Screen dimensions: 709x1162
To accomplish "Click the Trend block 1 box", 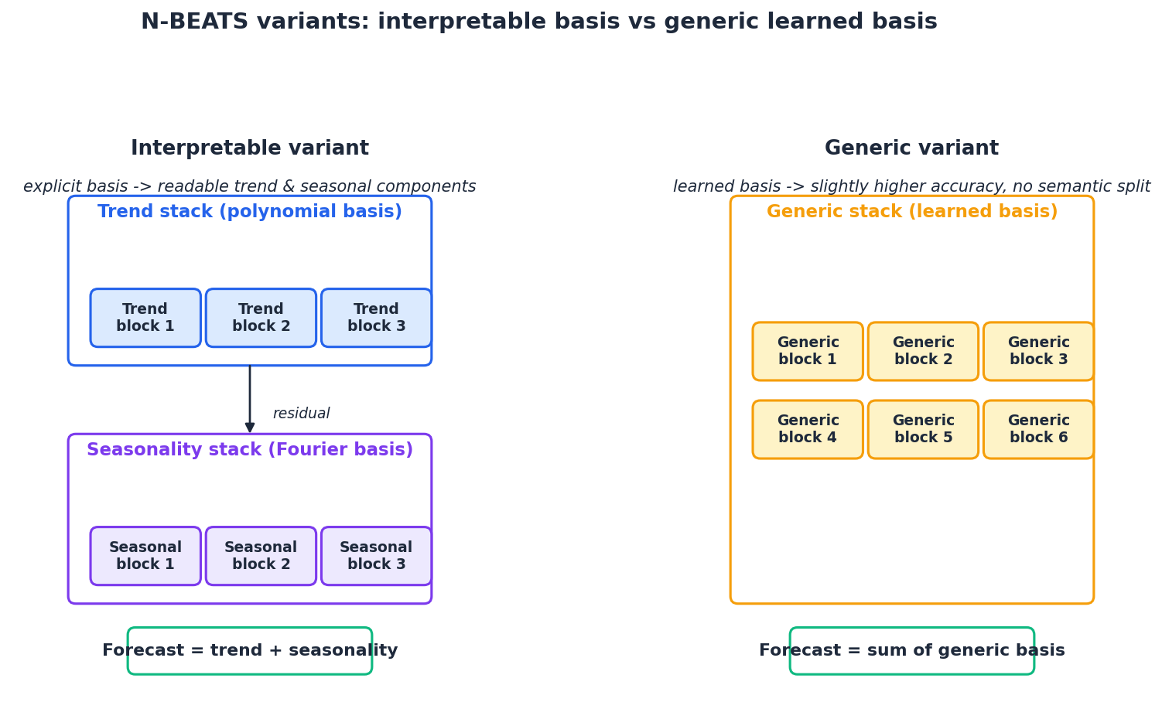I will click(145, 318).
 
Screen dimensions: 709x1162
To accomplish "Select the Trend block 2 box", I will click(261, 318).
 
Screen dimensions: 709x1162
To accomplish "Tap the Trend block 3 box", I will click(376, 318).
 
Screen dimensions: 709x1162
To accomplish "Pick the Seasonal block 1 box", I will click(145, 556).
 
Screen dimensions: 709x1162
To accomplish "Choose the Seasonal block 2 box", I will click(261, 556).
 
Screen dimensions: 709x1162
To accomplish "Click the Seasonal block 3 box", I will click(376, 556).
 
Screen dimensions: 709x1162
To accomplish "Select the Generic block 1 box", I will click(808, 351).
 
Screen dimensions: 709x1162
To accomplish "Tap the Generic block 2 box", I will click(923, 351).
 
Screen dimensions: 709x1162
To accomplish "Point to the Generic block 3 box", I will click(1038, 351).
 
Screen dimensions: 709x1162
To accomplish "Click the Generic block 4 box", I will click(808, 429).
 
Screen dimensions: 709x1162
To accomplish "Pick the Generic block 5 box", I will click(923, 429).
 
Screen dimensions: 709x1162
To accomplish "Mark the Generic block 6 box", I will click(1038, 429).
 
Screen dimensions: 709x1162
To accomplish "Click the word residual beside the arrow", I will click(301, 414).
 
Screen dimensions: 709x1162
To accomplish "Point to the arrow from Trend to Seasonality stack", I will click(250, 398).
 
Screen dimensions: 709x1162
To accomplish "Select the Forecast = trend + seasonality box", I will click(250, 651).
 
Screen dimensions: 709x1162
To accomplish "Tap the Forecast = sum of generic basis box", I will click(911, 651).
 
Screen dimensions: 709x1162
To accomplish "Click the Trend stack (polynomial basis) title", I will click(250, 212).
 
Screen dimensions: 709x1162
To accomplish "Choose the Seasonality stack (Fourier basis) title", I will click(250, 450).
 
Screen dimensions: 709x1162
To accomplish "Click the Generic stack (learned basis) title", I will click(911, 212).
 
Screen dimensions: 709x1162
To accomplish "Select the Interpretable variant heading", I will click(250, 148).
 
